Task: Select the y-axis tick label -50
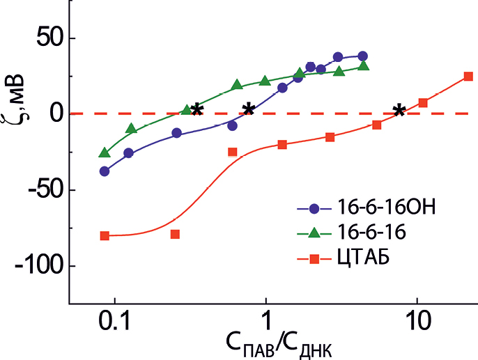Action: (x=39, y=189)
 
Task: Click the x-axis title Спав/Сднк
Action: (x=277, y=344)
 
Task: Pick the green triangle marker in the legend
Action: (x=314, y=233)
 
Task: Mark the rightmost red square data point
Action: (x=468, y=77)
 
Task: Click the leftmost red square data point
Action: (x=105, y=235)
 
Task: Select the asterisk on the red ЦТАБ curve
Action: (x=399, y=110)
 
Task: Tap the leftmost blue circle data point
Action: (x=105, y=171)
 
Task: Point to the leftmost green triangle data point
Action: (x=105, y=152)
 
